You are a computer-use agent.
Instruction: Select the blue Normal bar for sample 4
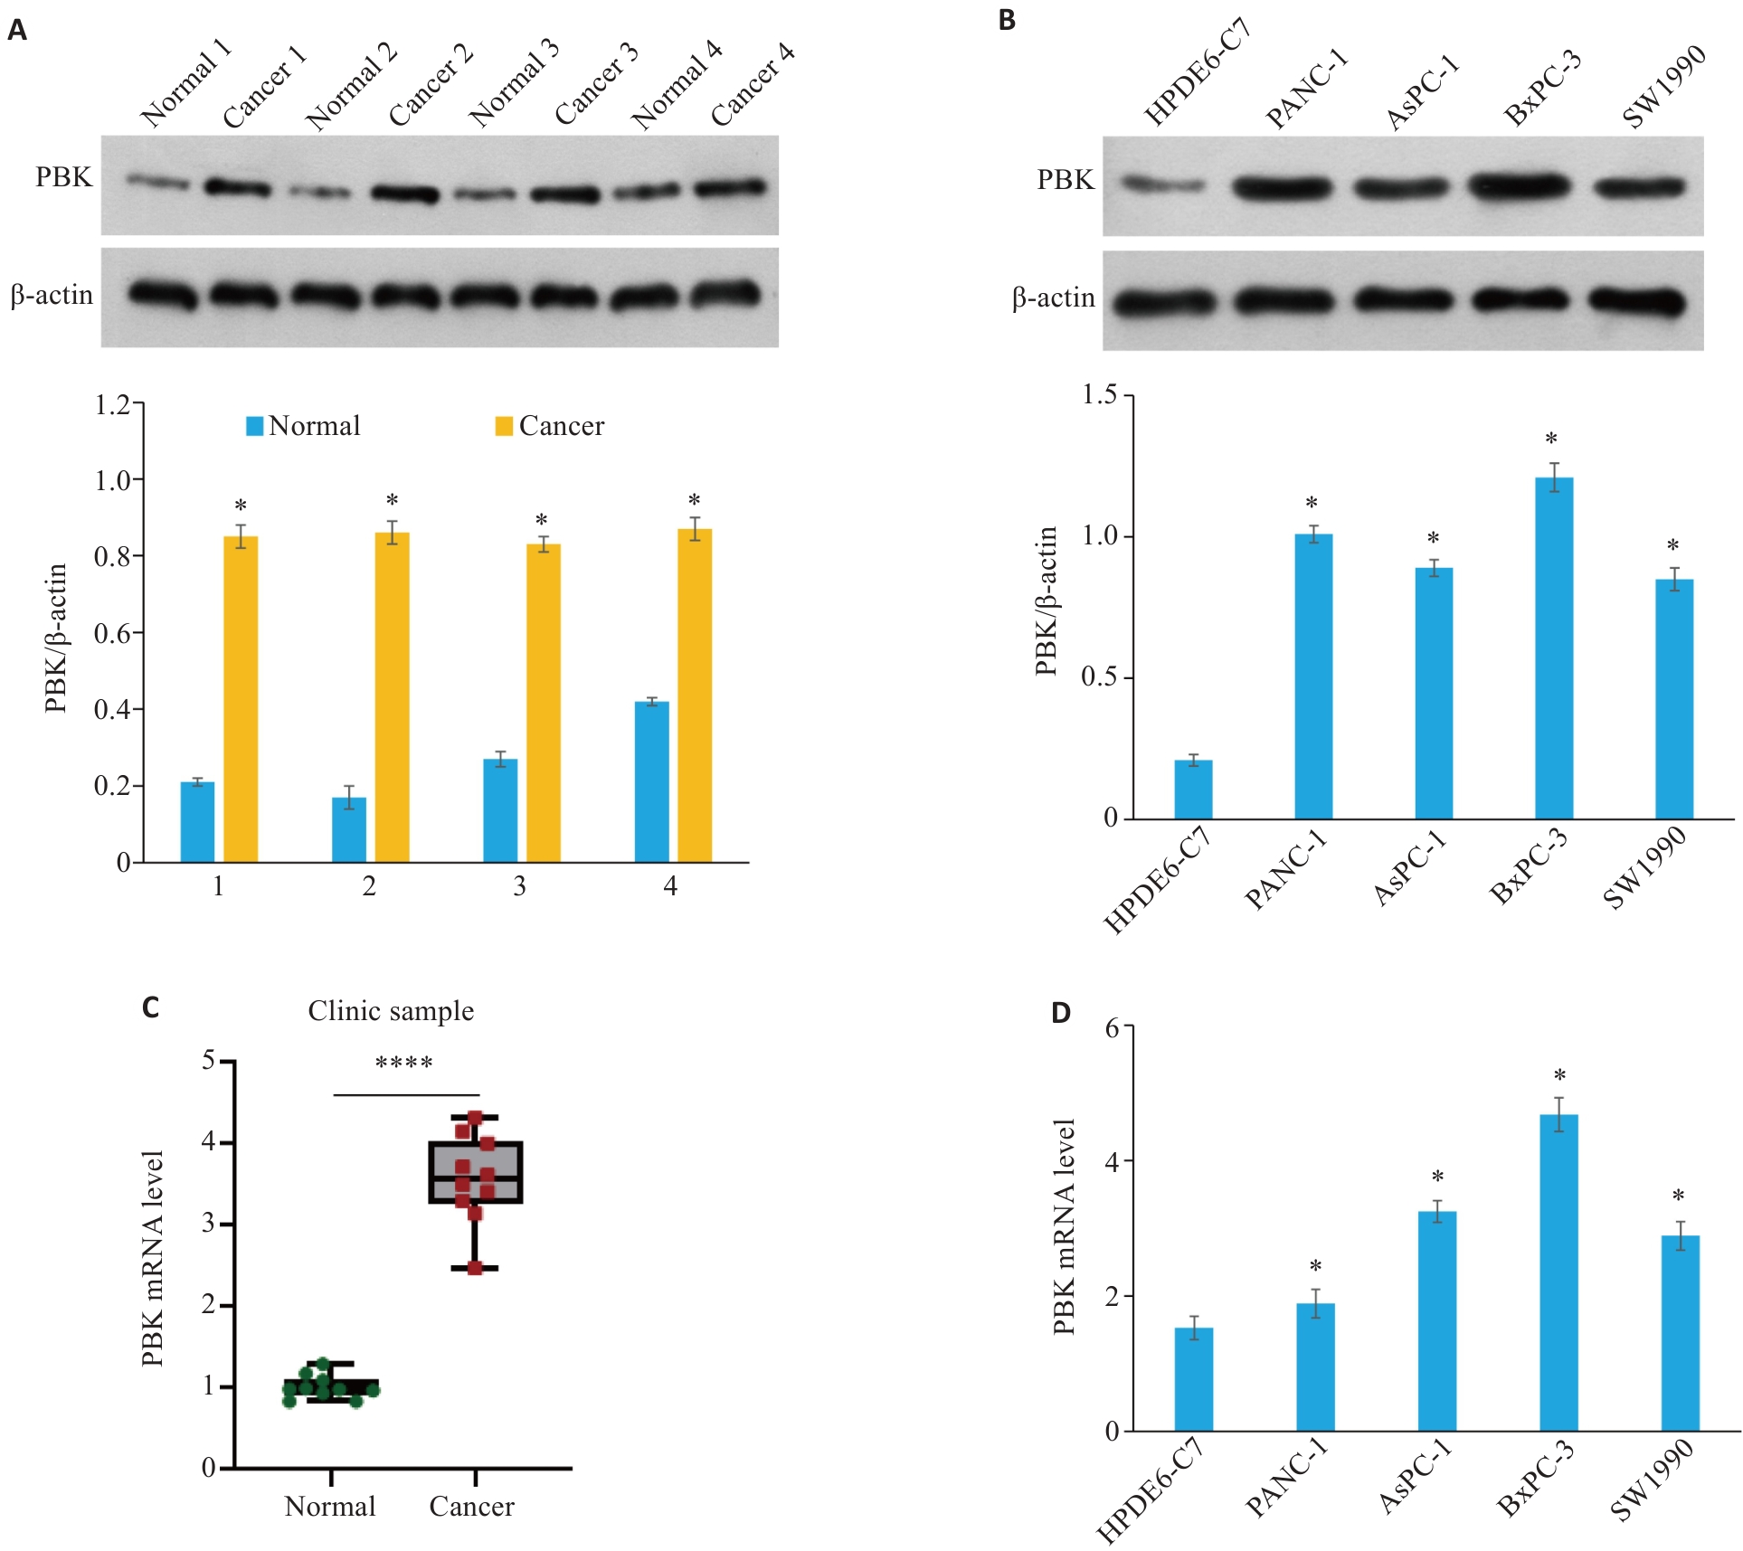click(651, 781)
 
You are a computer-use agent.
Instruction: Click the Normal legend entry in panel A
click(304, 426)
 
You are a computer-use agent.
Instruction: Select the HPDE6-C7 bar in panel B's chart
click(1193, 789)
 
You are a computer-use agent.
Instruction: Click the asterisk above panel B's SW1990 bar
click(1673, 546)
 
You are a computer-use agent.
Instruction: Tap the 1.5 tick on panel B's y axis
click(1101, 395)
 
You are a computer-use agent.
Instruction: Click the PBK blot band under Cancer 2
click(404, 194)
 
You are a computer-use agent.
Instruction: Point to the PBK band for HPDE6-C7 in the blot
click(1164, 185)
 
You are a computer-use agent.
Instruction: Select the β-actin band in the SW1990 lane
click(1637, 301)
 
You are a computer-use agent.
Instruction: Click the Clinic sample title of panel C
click(391, 1010)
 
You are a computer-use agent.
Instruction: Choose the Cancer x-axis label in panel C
click(471, 1506)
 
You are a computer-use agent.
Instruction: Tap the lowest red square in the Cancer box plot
click(475, 1268)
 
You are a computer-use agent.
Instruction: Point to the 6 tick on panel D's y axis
click(1113, 1027)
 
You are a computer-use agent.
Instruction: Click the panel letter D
click(1061, 1013)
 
